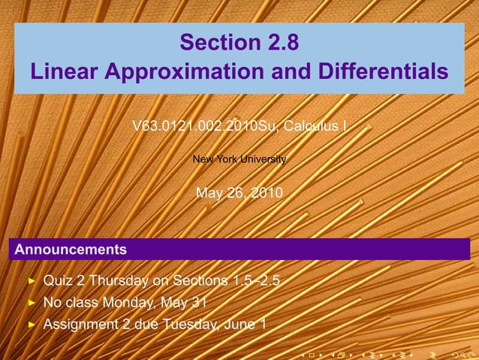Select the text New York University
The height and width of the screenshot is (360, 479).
pos(239,159)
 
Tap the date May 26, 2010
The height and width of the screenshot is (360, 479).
pos(239,193)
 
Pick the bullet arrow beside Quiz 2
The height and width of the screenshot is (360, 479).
pos(32,282)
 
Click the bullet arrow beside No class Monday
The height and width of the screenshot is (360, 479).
pos(32,304)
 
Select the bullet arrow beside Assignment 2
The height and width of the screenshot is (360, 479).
pos(32,325)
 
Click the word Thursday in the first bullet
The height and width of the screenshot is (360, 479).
pos(116,281)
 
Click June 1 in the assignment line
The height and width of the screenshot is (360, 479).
pos(243,325)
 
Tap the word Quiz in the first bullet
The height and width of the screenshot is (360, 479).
pos(57,281)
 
